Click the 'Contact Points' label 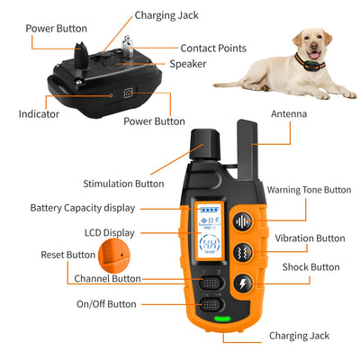click(213, 48)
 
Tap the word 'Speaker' click(188, 64)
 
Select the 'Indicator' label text click(39, 114)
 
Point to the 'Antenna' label click(289, 113)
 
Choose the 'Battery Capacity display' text click(82, 208)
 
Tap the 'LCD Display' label click(109, 232)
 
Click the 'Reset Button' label click(67, 255)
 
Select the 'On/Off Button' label click(106, 304)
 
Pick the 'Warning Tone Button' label click(309, 190)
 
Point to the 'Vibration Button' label click(310, 238)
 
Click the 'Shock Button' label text click(312, 267)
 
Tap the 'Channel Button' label click(106, 279)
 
